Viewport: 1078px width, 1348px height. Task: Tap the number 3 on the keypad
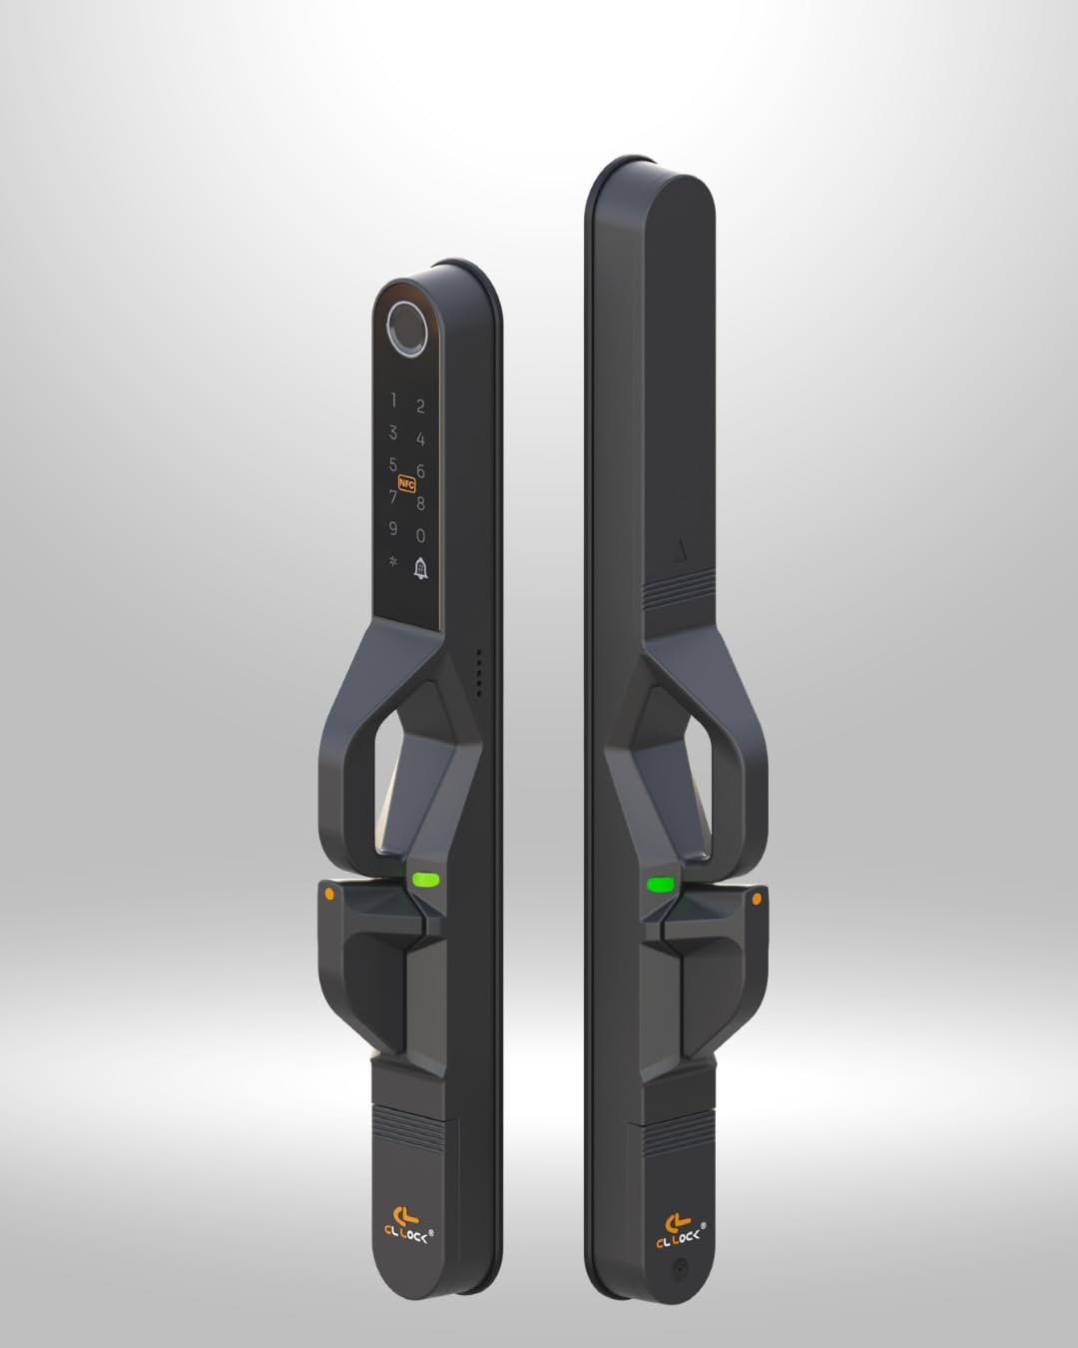coord(392,432)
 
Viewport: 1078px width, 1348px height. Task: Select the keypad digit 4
coord(420,439)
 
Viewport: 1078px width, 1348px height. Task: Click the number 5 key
coord(392,464)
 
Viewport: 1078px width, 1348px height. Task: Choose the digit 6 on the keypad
coord(420,471)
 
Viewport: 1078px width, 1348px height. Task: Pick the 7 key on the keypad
coord(392,496)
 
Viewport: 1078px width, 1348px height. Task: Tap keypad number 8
coord(420,503)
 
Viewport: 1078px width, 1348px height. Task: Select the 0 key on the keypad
coord(420,535)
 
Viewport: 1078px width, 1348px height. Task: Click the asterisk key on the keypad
coord(392,561)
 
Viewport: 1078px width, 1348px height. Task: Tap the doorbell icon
coord(420,569)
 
